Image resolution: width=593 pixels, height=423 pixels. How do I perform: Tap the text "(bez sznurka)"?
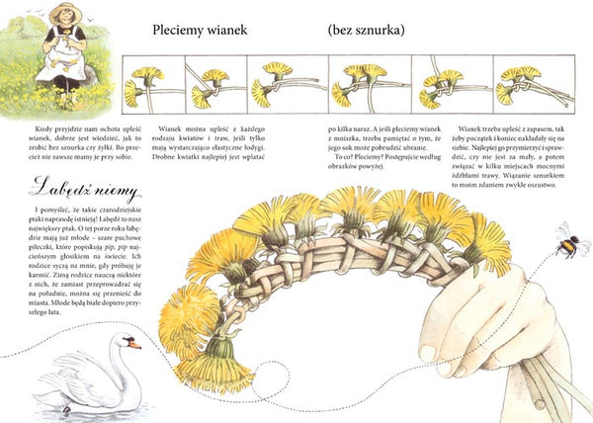click(x=366, y=30)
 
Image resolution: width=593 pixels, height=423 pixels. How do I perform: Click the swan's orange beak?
click(x=135, y=344)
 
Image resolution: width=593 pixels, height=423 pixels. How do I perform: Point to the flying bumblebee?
click(x=568, y=239)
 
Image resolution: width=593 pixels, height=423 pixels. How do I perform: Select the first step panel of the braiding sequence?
click(x=151, y=83)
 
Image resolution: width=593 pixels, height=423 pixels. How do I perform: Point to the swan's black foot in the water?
click(x=66, y=408)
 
